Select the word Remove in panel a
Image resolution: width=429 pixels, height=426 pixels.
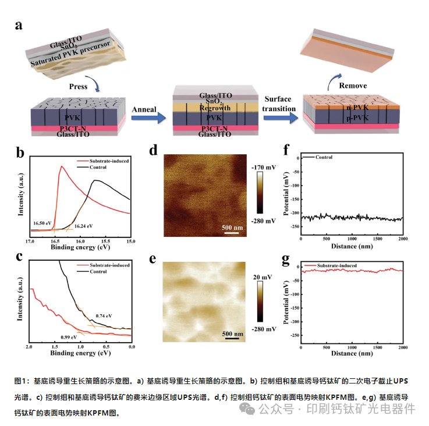point(353,86)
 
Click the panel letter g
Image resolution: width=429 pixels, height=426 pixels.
point(286,260)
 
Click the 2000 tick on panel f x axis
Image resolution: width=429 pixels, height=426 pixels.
point(402,239)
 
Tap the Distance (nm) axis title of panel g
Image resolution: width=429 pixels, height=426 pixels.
point(352,353)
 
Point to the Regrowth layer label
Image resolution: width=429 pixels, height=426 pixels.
point(215,108)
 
